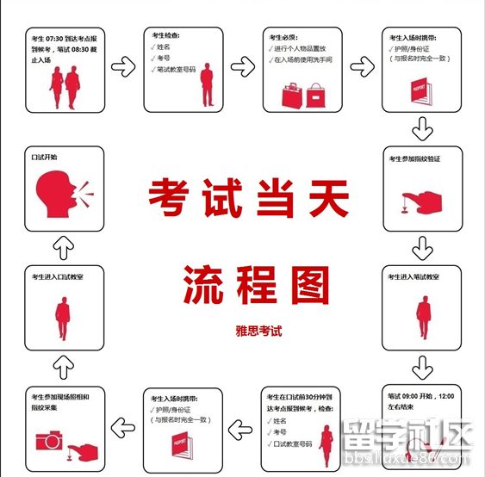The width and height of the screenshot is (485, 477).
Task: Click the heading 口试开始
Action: click(x=44, y=158)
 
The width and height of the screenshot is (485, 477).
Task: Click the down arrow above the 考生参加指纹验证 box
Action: click(x=421, y=130)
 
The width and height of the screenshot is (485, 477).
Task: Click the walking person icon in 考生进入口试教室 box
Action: click(x=63, y=311)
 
